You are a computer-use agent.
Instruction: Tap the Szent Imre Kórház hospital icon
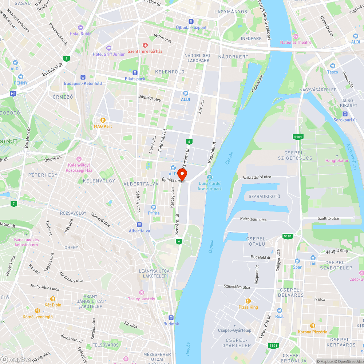(145, 45)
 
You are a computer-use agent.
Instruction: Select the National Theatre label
(296, 43)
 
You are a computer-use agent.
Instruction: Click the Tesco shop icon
(332, 66)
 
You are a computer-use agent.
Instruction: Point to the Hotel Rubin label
(80, 34)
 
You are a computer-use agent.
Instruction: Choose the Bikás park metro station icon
(135, 72)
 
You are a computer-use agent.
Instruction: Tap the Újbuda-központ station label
(191, 28)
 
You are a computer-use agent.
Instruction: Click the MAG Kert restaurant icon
(103, 120)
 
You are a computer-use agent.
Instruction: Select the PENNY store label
(21, 83)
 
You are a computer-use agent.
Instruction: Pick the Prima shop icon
(154, 207)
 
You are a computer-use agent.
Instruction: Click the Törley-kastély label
(142, 299)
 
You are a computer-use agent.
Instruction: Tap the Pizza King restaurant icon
(248, 301)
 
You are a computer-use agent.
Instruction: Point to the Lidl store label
(313, 264)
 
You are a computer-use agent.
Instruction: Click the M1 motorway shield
(14, 94)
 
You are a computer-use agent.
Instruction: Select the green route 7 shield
(14, 203)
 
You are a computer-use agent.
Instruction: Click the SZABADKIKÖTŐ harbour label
(264, 197)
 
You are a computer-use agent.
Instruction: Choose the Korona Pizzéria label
(312, 332)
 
